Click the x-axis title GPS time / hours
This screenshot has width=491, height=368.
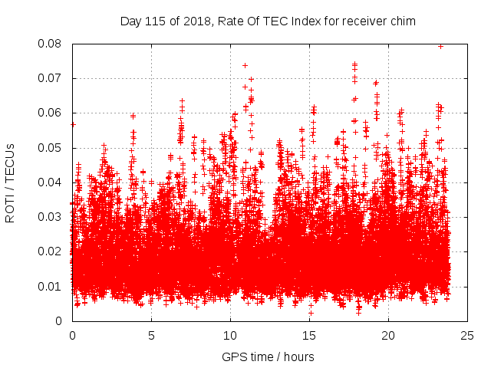coord(268,356)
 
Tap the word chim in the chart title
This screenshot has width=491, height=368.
coord(403,21)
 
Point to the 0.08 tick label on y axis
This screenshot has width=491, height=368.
coord(51,44)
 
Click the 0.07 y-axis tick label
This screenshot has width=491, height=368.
coord(51,78)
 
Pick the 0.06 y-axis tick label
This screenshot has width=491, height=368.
coord(51,113)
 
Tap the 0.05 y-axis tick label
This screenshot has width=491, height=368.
coord(51,147)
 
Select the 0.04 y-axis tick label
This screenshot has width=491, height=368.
coord(51,182)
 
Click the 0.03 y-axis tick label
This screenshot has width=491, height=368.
coord(51,217)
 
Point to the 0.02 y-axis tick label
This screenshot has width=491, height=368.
coord(51,251)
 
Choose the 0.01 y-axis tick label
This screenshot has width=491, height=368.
coord(51,286)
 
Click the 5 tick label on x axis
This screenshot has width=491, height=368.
coord(151,335)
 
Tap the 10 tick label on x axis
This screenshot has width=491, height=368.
coord(230,335)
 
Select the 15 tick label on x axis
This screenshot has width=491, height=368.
coord(309,335)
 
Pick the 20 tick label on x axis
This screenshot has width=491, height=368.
coord(388,335)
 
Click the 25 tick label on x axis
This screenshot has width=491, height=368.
coord(467,335)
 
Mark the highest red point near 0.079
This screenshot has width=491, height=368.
coord(440,46)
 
